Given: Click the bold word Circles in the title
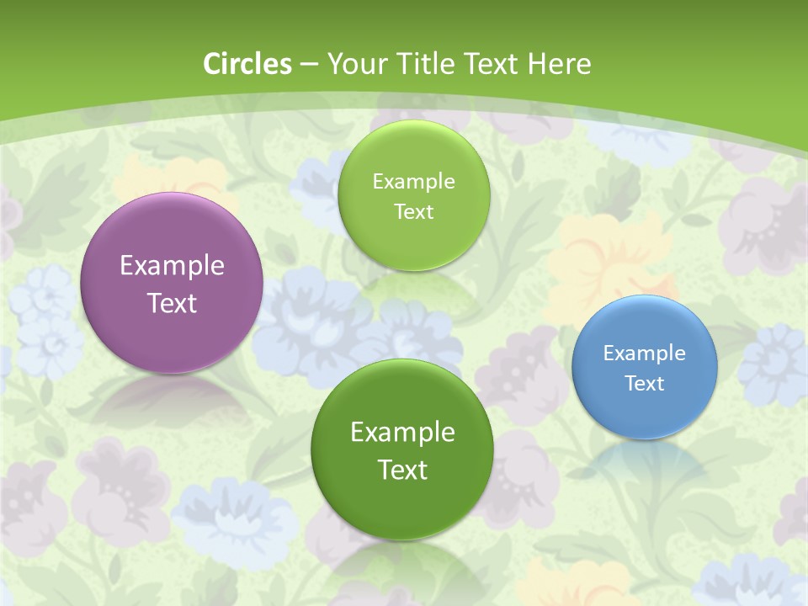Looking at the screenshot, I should pos(247,64).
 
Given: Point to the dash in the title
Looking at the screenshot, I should pos(309,65).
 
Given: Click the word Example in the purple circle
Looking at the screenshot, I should pos(172,266).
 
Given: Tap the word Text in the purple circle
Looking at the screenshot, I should pos(172,303).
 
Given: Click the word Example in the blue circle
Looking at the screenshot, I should pos(645,353).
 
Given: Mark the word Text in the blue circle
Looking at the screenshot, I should pos(645,384).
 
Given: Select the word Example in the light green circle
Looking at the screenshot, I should pos(413,182).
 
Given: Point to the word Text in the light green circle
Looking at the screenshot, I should pos(413,212).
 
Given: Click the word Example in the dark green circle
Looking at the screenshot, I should pos(402,433).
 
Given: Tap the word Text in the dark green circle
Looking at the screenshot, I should pos(402,470).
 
